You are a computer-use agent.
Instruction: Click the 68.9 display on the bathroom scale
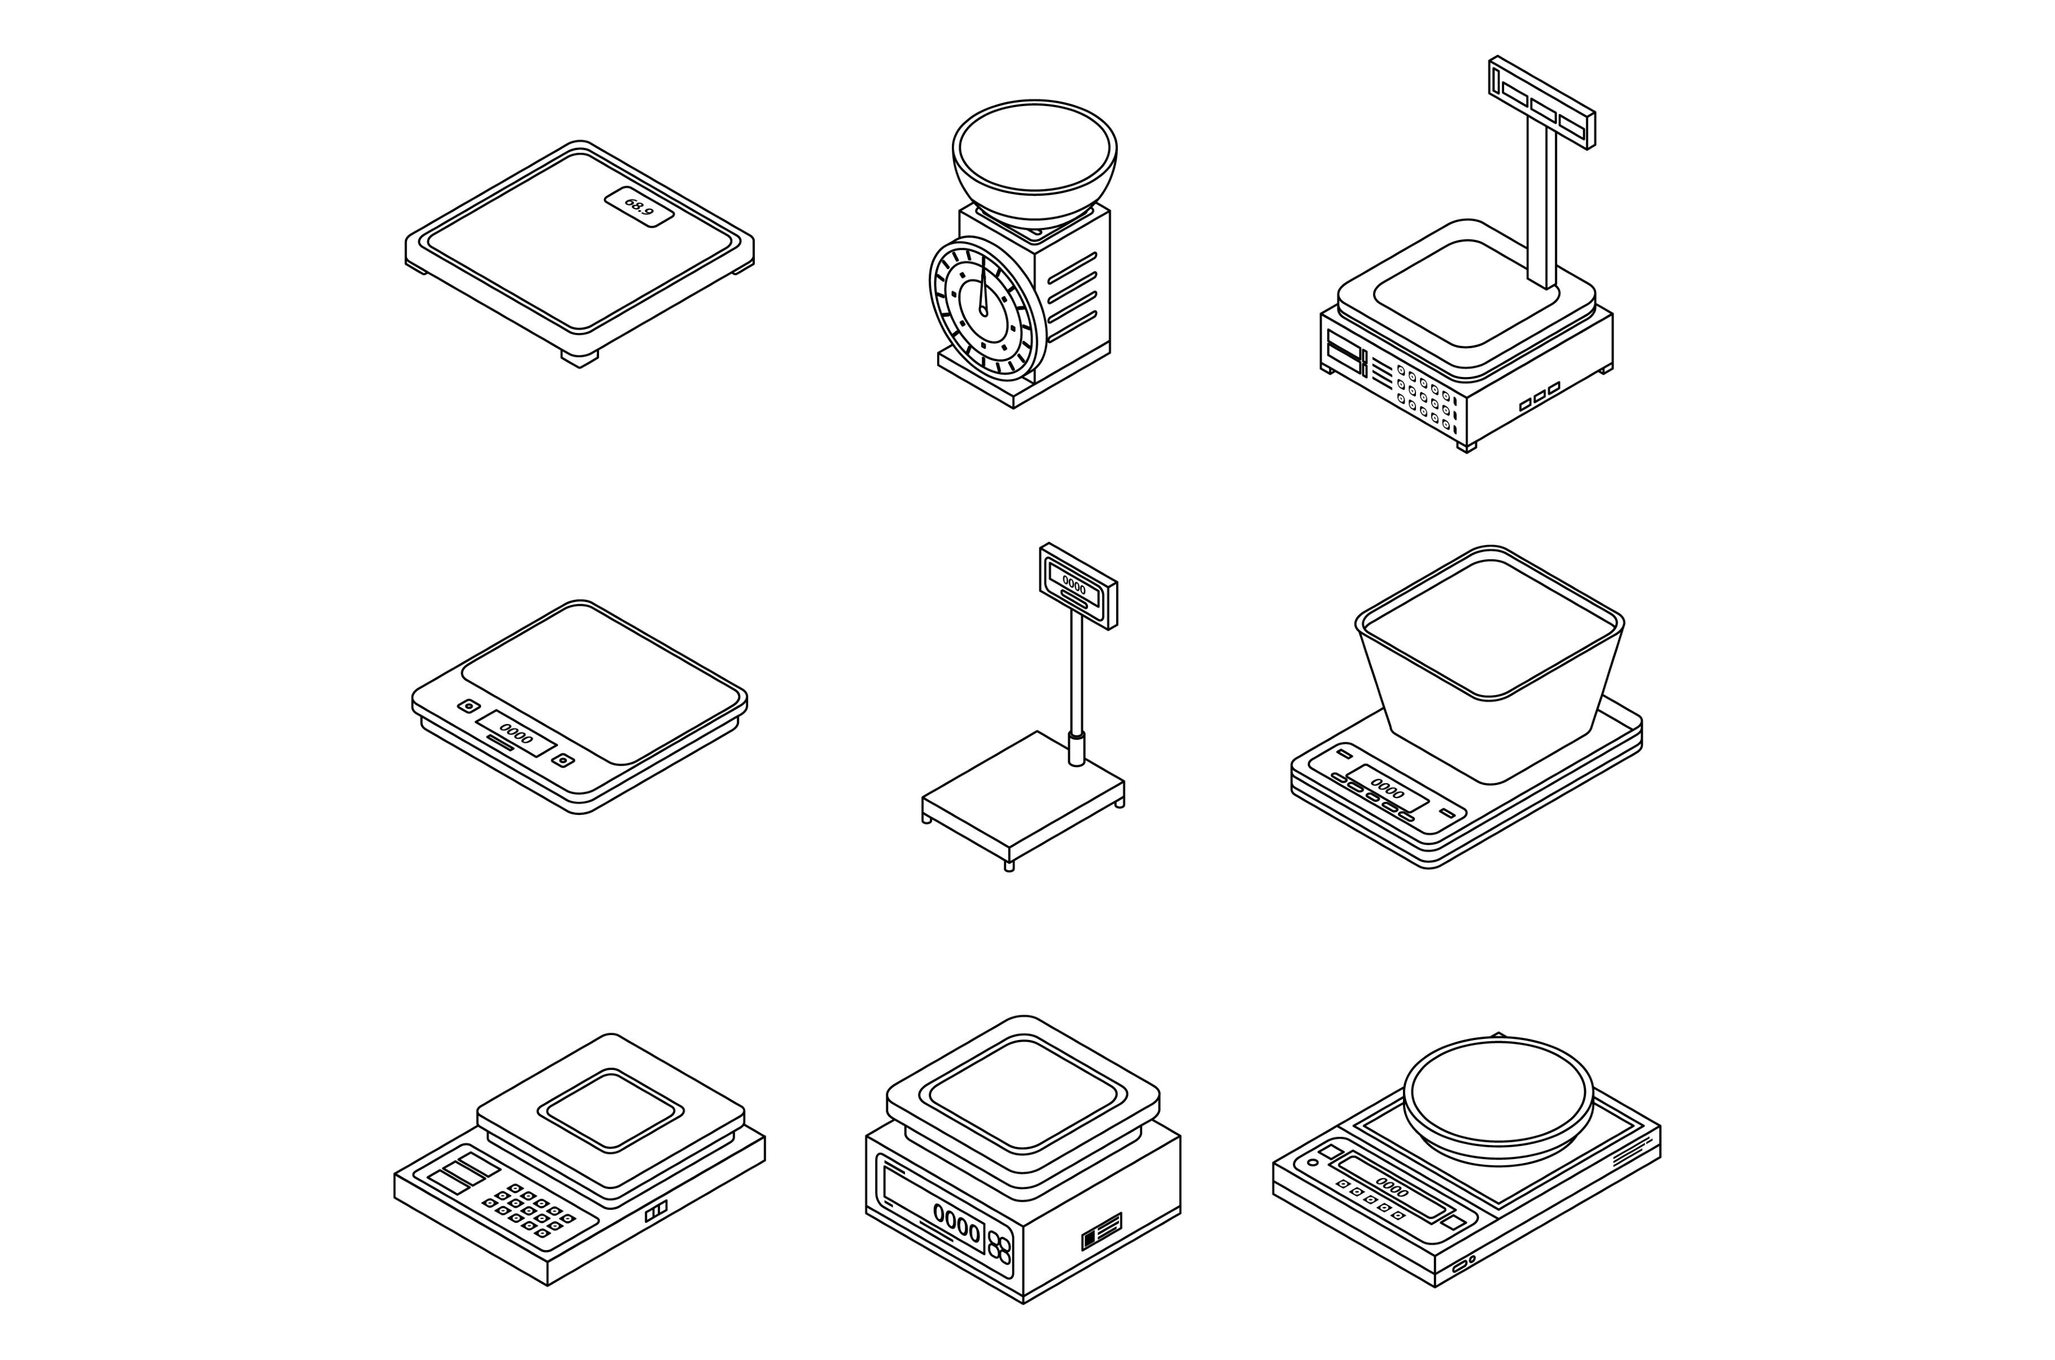coord(639,207)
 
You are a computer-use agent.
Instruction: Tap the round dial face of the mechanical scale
coord(983,310)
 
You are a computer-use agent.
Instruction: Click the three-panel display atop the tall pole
coord(1541,102)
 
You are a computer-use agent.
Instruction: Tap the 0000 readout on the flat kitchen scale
coord(516,734)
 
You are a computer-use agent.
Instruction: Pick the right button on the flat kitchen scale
coord(563,761)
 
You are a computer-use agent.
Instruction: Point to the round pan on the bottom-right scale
coord(1498,1100)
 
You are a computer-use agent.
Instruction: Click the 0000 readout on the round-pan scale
coord(1392,1187)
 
